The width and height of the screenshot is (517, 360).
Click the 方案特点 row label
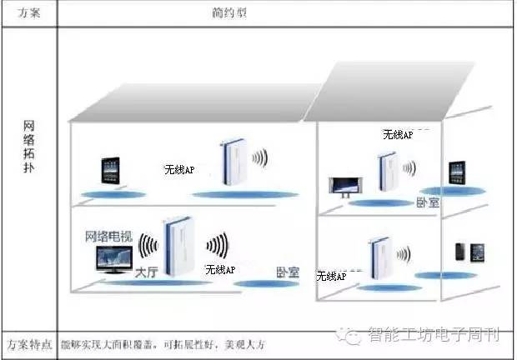(x=28, y=343)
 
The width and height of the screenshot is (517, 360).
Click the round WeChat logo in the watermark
(x=356, y=336)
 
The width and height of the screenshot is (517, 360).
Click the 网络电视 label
(x=109, y=236)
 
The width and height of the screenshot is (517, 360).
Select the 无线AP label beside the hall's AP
(x=220, y=269)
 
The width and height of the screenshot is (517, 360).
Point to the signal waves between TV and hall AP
(x=148, y=245)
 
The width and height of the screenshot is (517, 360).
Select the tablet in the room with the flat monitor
(x=456, y=173)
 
